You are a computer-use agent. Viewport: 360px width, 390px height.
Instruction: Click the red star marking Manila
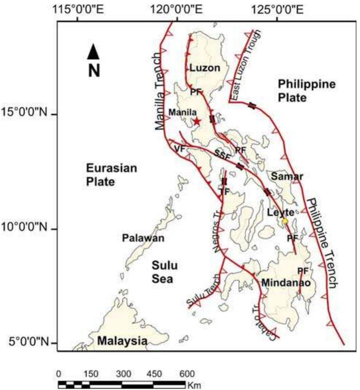(197, 121)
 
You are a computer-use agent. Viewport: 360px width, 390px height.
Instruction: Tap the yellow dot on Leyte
(285, 221)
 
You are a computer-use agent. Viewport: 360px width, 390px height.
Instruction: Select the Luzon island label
(205, 68)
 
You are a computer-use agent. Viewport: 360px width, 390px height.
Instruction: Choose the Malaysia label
(122, 341)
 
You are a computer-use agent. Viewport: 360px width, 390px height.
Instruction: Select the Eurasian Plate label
(107, 174)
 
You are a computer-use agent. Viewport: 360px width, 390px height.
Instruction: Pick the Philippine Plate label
(307, 91)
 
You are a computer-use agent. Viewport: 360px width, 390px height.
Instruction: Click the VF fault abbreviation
(178, 149)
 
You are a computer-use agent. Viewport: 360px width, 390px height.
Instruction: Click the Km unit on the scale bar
(195, 385)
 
